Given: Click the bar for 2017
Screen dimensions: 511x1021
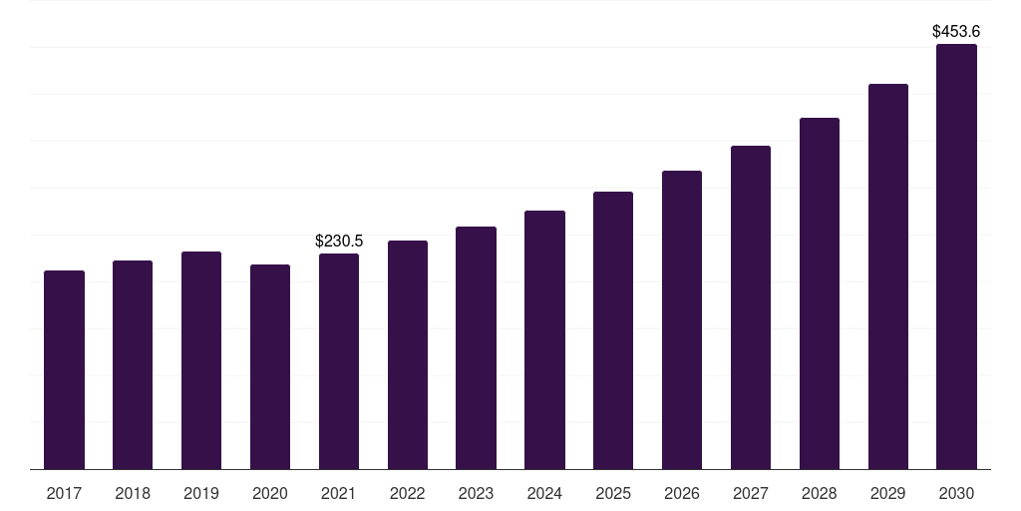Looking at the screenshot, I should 64,369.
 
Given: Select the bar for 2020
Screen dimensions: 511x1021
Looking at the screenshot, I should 270,366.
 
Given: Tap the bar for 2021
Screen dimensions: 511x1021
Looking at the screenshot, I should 339,361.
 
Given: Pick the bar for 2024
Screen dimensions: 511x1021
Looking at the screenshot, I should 544,339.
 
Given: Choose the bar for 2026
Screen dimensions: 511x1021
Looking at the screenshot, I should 682,319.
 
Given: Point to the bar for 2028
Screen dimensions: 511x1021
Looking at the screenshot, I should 820,293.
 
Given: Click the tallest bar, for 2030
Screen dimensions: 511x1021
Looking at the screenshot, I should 956,256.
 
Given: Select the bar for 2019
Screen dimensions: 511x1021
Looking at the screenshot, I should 201,360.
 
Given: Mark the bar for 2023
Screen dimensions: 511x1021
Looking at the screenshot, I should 476,347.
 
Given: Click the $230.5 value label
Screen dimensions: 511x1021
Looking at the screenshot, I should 339,241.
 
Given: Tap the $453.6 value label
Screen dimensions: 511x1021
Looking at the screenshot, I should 956,31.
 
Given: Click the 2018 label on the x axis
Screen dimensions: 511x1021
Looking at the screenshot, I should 133,493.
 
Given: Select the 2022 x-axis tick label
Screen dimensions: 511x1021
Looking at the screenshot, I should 407,493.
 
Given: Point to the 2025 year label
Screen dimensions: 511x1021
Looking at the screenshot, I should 613,493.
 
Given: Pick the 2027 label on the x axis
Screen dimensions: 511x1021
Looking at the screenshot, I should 751,493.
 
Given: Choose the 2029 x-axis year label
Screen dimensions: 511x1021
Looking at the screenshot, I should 887,493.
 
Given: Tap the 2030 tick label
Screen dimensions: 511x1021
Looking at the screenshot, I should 956,493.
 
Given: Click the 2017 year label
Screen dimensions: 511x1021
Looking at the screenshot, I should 64,493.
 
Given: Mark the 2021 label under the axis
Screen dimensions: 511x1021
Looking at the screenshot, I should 339,493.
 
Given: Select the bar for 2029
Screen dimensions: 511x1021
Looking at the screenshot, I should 887,276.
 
